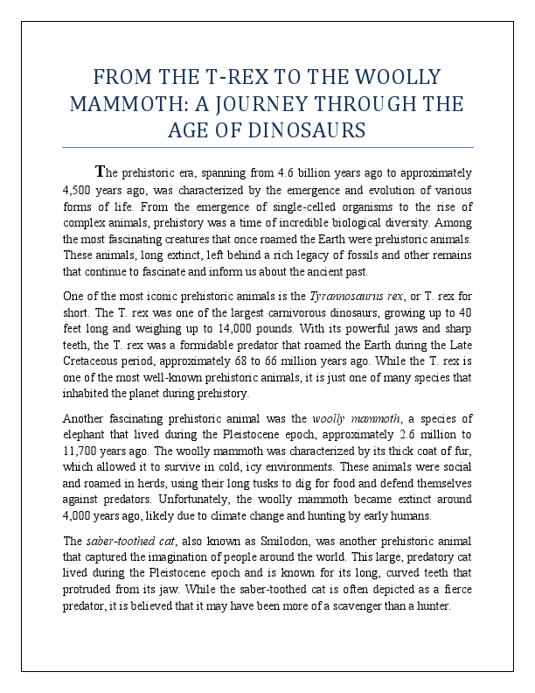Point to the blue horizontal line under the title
click(267, 147)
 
